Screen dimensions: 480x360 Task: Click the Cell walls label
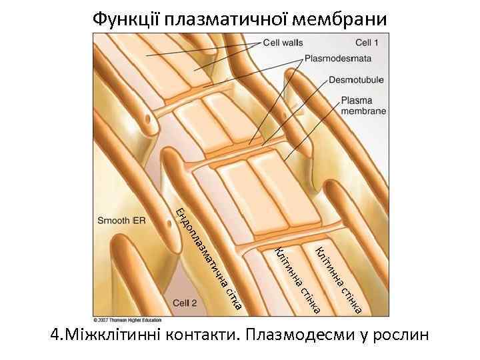click(x=283, y=43)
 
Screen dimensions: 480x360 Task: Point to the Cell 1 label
click(x=367, y=43)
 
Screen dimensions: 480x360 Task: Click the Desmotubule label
click(x=356, y=81)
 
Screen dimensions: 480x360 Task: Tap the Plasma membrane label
click(x=363, y=106)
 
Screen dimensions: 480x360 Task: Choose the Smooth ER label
click(x=121, y=220)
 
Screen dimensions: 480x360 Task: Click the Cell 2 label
click(x=185, y=302)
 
